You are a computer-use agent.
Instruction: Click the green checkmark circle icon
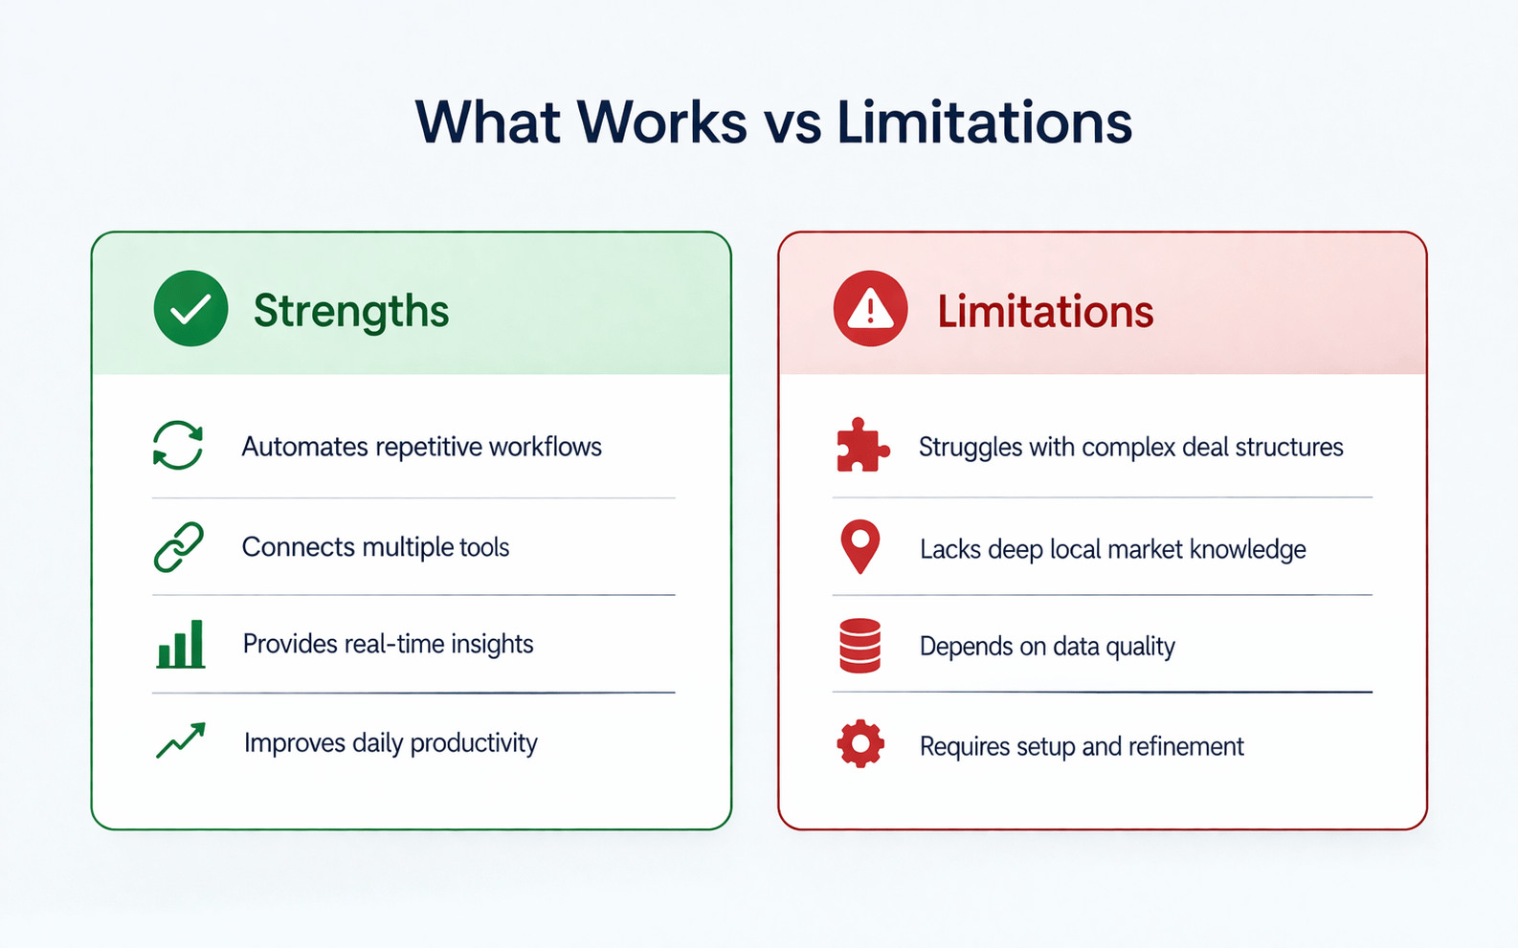pos(190,308)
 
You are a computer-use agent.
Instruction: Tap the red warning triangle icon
pos(870,308)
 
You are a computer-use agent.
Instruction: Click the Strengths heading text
pos(350,311)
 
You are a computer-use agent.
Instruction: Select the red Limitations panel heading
pos(1045,312)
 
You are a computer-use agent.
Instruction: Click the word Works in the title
pos(661,121)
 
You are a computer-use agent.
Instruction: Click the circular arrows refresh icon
pos(178,446)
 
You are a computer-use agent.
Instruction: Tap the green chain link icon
pos(179,547)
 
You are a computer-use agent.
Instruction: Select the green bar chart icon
pos(181,644)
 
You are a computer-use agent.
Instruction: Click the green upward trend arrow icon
pos(181,741)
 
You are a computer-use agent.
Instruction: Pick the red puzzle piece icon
pos(861,446)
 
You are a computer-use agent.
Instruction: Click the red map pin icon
pos(859,547)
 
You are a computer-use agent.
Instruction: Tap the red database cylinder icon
pos(859,646)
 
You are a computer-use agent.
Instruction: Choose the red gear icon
pos(860,743)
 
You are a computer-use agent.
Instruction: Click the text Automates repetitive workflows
pos(421,447)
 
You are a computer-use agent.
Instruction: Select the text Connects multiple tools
pos(375,547)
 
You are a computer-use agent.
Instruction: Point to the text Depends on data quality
pos(1047,647)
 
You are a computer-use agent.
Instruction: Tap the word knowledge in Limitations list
pos(1248,549)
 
